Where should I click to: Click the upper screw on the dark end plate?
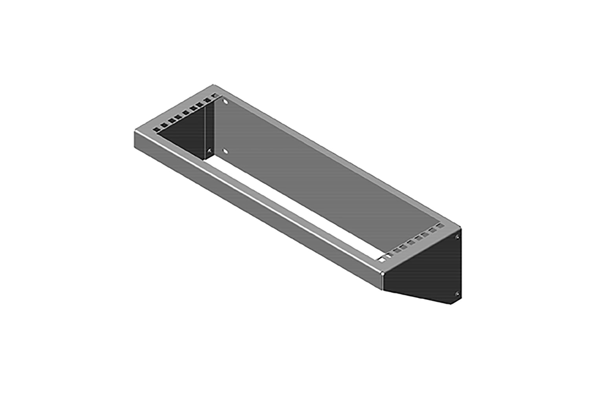(x=457, y=237)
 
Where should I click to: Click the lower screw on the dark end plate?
(x=457, y=294)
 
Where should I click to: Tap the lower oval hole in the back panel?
(x=225, y=151)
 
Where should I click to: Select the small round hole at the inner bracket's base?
(x=209, y=150)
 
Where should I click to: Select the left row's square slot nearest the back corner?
(x=214, y=95)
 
